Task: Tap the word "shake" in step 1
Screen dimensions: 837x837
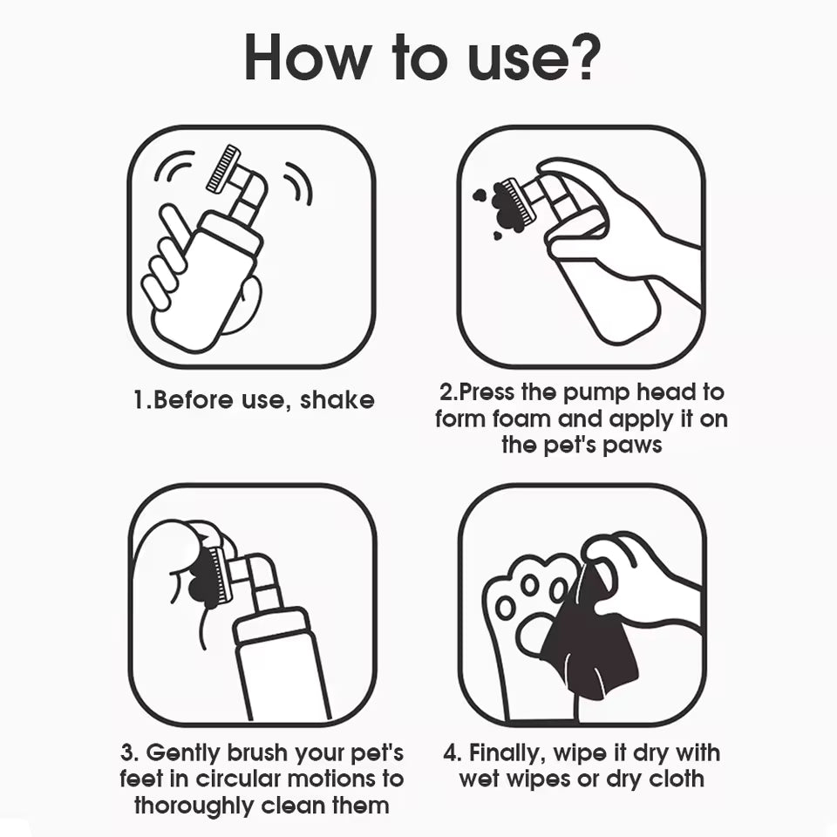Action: click(x=337, y=399)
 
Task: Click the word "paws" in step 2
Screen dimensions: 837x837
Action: click(x=632, y=446)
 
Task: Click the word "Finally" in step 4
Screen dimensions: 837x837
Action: click(x=507, y=753)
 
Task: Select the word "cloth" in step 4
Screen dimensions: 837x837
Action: click(x=677, y=779)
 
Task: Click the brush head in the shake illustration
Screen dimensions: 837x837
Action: click(x=224, y=168)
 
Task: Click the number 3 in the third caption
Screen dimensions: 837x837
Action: click(x=128, y=753)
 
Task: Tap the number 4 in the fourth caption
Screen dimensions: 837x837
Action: click(x=452, y=753)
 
